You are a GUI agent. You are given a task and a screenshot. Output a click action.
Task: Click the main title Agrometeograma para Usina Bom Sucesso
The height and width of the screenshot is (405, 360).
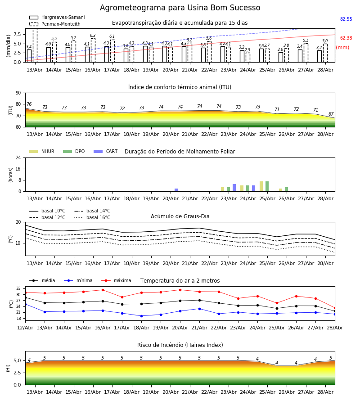click(x=180, y=8)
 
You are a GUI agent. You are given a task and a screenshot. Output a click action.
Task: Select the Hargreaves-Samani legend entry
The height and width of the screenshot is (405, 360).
click(x=57, y=17)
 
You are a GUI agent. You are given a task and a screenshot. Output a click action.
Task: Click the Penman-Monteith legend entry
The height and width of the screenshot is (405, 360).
click(x=55, y=24)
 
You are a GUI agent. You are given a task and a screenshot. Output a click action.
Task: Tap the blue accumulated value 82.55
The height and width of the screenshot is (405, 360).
click(x=346, y=19)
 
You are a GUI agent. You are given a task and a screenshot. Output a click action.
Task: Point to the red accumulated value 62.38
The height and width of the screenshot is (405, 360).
click(x=346, y=38)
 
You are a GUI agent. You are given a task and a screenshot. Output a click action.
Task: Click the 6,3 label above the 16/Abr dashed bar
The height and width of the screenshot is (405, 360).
click(x=93, y=36)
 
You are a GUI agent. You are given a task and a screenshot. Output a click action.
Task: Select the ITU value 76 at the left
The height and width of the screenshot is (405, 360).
click(x=29, y=104)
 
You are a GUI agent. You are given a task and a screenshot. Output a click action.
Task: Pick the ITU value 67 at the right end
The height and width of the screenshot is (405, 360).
click(x=331, y=114)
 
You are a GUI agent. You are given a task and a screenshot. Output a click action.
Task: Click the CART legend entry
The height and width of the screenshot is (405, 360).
click(x=106, y=151)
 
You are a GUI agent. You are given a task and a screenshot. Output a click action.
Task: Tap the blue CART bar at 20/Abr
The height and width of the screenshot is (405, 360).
click(x=176, y=190)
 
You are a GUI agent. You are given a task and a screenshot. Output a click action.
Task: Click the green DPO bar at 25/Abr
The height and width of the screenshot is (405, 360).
click(x=267, y=186)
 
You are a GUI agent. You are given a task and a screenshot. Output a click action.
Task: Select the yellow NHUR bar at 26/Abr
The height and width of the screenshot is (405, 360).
click(x=281, y=190)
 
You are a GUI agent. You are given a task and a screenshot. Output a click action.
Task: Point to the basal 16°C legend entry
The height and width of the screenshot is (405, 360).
click(x=92, y=217)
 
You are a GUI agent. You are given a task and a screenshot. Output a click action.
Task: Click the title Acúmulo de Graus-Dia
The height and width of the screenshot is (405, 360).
click(x=180, y=216)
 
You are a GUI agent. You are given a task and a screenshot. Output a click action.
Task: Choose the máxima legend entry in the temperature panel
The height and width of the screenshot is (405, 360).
click(x=116, y=280)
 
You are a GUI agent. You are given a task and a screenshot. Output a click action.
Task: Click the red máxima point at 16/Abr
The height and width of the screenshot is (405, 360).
click(x=103, y=290)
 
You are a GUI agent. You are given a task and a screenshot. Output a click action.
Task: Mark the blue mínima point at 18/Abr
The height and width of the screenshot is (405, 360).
click(x=141, y=316)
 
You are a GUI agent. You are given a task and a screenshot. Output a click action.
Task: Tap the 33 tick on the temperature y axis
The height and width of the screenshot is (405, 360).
click(x=18, y=288)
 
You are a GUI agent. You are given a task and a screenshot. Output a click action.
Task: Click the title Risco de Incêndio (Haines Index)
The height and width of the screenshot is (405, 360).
click(x=180, y=345)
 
